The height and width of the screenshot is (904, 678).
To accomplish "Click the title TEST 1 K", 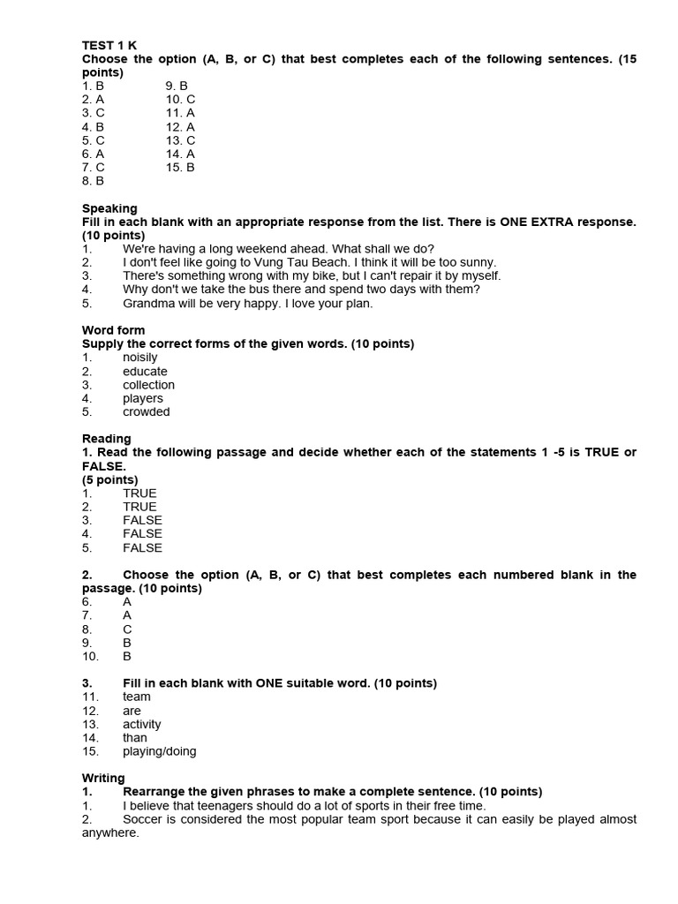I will [x=109, y=45].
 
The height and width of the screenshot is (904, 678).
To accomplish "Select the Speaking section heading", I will [x=109, y=208].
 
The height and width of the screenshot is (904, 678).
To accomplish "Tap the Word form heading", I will [x=113, y=330].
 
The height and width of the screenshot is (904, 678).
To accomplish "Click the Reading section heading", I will [x=106, y=438].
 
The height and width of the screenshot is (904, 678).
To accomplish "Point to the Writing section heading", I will [x=103, y=778].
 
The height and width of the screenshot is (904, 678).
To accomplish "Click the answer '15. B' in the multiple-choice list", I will [x=180, y=167].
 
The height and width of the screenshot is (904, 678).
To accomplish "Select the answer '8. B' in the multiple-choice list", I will [x=93, y=180].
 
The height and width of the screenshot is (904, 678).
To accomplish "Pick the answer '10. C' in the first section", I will [x=180, y=99].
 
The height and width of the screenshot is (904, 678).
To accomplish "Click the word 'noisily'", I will [x=139, y=358].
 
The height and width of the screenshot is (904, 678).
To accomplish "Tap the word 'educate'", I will [x=145, y=372].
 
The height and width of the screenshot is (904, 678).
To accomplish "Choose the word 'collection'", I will [x=148, y=385].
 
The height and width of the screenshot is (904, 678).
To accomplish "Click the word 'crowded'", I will [x=146, y=411].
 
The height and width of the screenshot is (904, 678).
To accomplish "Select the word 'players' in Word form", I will [x=142, y=398].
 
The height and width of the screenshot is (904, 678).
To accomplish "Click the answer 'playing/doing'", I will [x=159, y=751].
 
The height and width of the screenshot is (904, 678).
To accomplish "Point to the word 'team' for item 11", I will [x=136, y=697].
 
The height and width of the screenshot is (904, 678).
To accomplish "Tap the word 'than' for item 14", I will [x=135, y=737].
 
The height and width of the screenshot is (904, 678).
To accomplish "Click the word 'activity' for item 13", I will [x=141, y=724].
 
